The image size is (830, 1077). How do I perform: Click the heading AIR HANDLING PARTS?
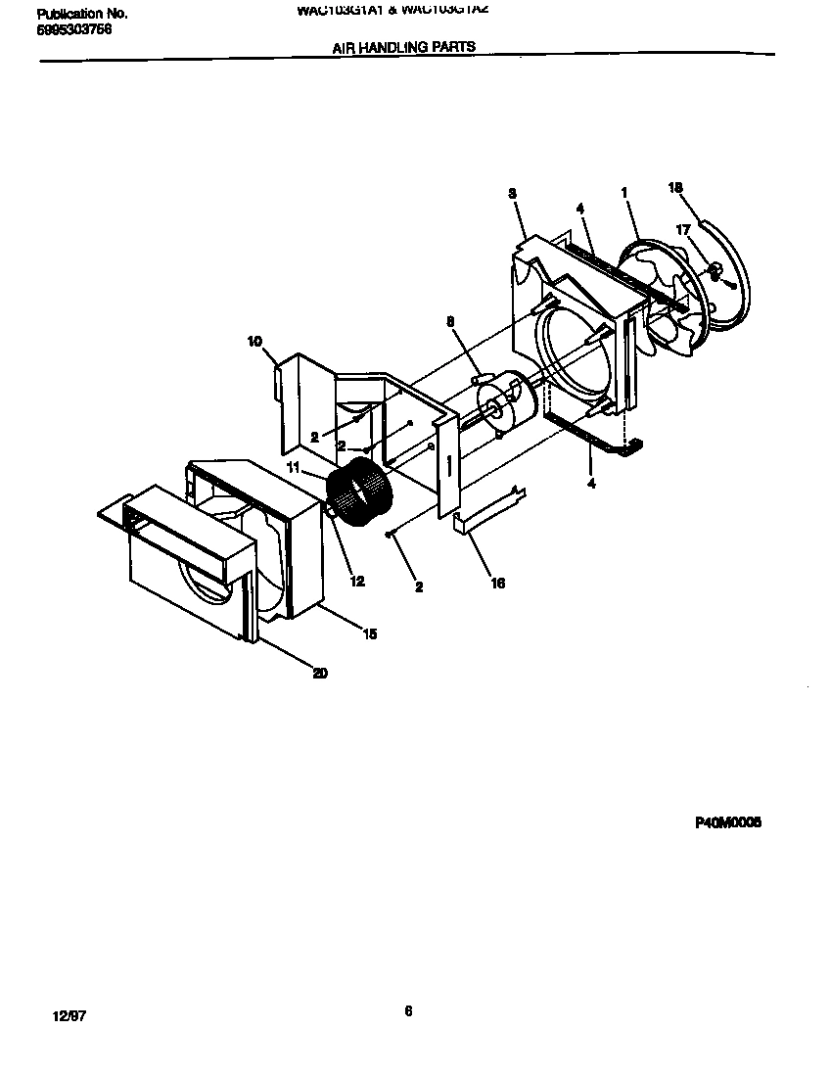(404, 46)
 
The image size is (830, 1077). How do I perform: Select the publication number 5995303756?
(73, 29)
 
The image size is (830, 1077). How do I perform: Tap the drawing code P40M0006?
(727, 823)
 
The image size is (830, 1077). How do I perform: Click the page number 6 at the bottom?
(408, 1012)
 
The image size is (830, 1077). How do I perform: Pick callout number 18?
(674, 188)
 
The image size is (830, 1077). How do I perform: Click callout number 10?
(254, 342)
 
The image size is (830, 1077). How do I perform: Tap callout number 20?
(320, 673)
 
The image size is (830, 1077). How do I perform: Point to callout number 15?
(369, 634)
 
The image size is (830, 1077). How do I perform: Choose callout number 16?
(498, 584)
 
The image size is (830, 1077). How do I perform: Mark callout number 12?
(357, 582)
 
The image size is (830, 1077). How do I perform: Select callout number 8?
(450, 320)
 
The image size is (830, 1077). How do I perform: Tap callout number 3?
(512, 194)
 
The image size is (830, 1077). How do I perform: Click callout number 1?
(624, 193)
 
